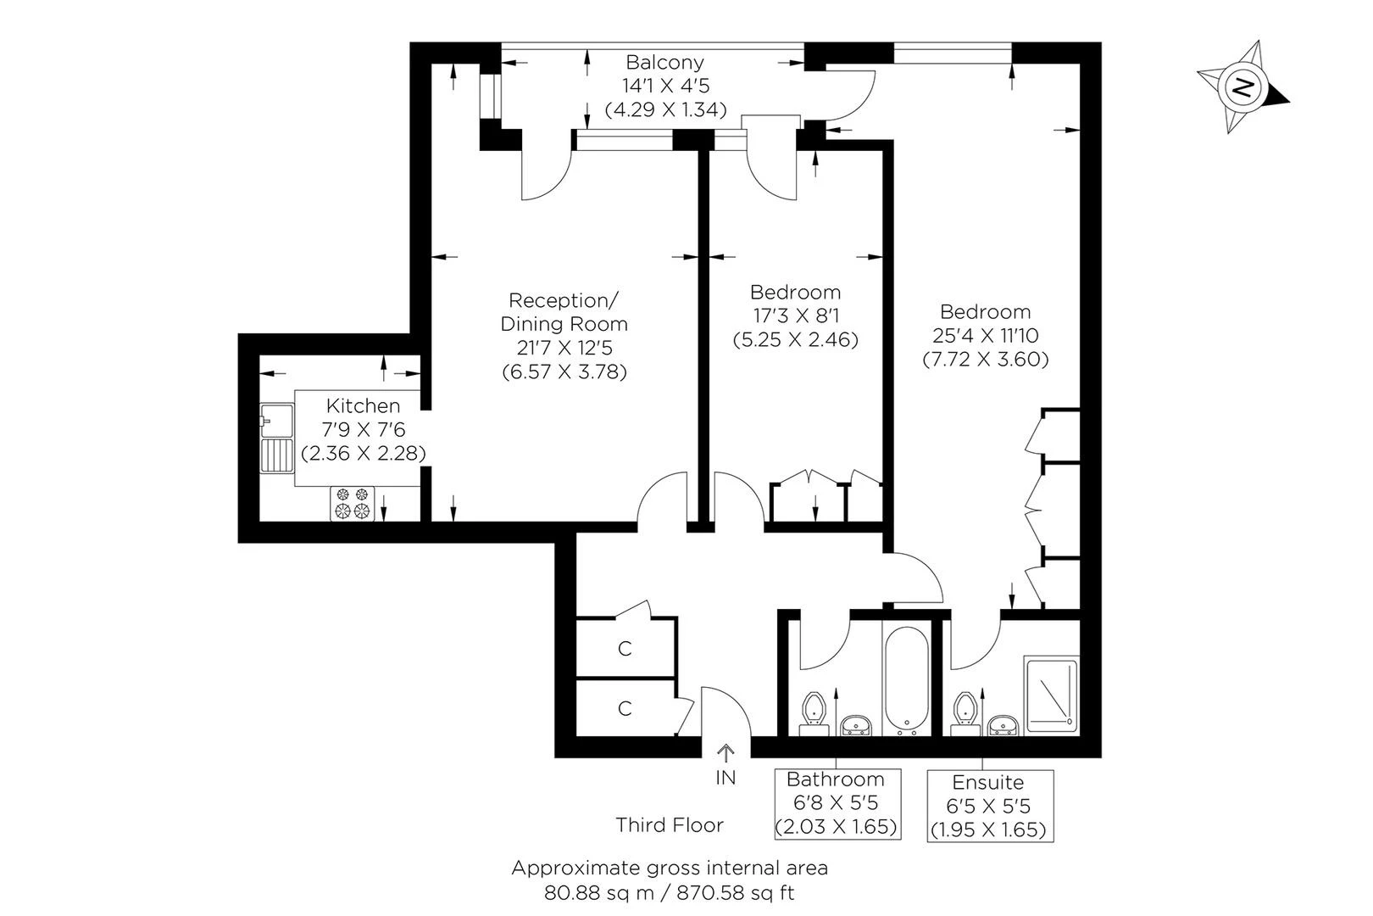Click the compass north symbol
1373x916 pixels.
coord(1242,87)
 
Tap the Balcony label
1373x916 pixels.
coord(664,62)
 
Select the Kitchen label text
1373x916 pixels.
coord(363,405)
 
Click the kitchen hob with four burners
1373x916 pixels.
coord(353,502)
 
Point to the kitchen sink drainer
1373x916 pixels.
coord(276,455)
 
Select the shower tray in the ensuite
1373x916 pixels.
coord(1052,695)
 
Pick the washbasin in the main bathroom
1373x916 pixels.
coord(856,725)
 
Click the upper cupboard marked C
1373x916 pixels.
coord(625,649)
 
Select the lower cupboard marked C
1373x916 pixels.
coord(625,708)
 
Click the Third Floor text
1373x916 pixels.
coord(670,824)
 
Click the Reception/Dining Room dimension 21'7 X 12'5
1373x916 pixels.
coord(564,348)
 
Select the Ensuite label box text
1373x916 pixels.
coord(987,782)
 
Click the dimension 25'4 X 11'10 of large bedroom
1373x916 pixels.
coord(986,335)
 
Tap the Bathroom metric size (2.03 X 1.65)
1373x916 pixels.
coord(837,825)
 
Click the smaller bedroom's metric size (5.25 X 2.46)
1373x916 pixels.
coord(795,339)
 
